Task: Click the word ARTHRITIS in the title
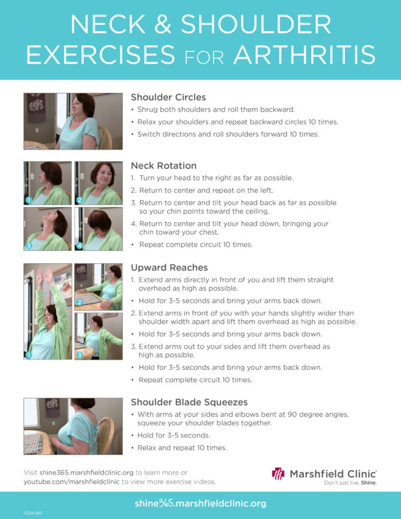304,54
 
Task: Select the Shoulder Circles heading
168,97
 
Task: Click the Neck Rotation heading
164,165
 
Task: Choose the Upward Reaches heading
169,267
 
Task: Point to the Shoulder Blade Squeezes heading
189,402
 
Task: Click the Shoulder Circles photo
73,122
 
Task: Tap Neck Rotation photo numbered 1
48,183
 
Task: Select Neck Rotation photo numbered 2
98,183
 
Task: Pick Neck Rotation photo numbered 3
48,229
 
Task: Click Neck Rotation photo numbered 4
98,229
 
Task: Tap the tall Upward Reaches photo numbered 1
48,311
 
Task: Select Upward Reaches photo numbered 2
98,286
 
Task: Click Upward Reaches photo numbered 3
98,336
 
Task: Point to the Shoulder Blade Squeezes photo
73,426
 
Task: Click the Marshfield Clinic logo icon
278,474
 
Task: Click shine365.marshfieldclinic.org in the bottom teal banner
200,504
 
